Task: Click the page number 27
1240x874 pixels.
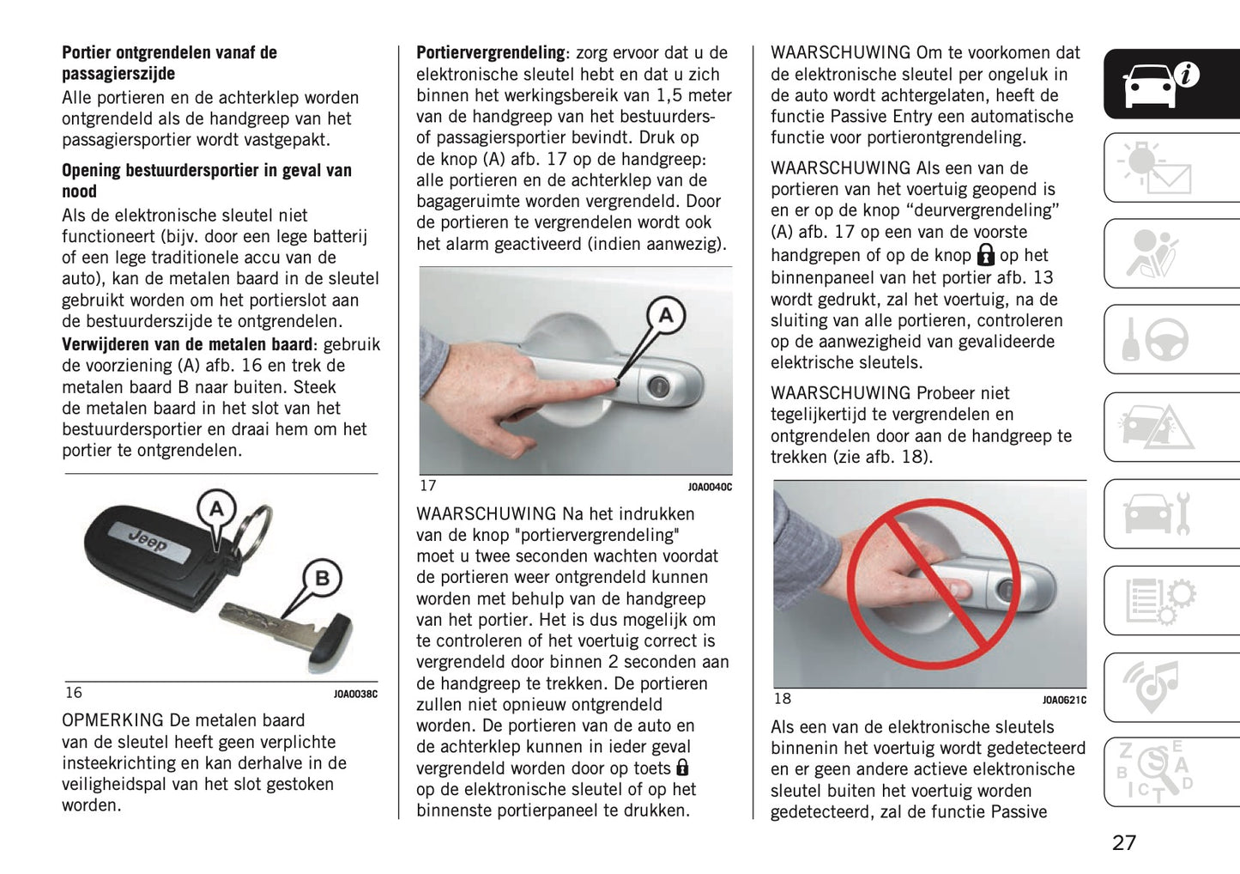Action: [x=1123, y=842]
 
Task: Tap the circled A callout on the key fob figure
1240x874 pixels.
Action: [x=216, y=509]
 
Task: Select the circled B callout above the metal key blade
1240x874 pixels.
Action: [x=322, y=578]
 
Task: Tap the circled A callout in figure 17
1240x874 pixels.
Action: [x=665, y=315]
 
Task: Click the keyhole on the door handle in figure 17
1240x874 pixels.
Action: [x=658, y=387]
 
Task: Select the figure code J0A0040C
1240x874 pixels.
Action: [x=710, y=488]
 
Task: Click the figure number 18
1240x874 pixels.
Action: [x=782, y=699]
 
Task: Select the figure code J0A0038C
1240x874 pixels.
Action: [x=355, y=694]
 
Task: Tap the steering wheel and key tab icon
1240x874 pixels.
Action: [x=1158, y=340]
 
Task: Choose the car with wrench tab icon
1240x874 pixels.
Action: [x=1158, y=513]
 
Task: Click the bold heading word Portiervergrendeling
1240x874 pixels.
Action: [x=490, y=53]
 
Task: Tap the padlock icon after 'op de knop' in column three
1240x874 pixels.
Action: [x=985, y=255]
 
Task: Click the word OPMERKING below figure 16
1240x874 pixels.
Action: [x=112, y=720]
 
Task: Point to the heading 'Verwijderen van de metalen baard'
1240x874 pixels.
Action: [x=186, y=344]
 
